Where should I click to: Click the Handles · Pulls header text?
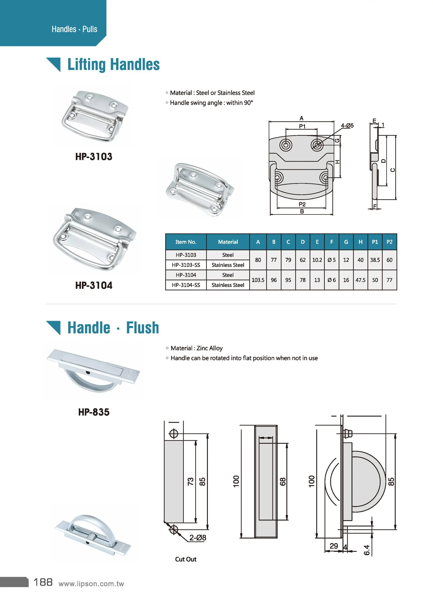74,29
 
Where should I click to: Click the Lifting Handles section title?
113,65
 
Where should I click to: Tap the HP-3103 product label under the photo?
94,157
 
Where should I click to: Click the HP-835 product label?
94,412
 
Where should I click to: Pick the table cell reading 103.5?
258,280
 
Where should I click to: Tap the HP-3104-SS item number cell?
186,285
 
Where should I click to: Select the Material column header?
228,242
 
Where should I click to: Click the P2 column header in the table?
389,242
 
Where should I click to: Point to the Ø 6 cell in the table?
331,280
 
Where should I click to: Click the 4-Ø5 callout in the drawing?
347,126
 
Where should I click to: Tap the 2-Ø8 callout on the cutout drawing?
198,538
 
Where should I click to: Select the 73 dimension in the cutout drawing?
190,481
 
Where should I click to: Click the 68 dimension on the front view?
283,481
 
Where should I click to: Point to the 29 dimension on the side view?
334,546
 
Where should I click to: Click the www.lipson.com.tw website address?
91,584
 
